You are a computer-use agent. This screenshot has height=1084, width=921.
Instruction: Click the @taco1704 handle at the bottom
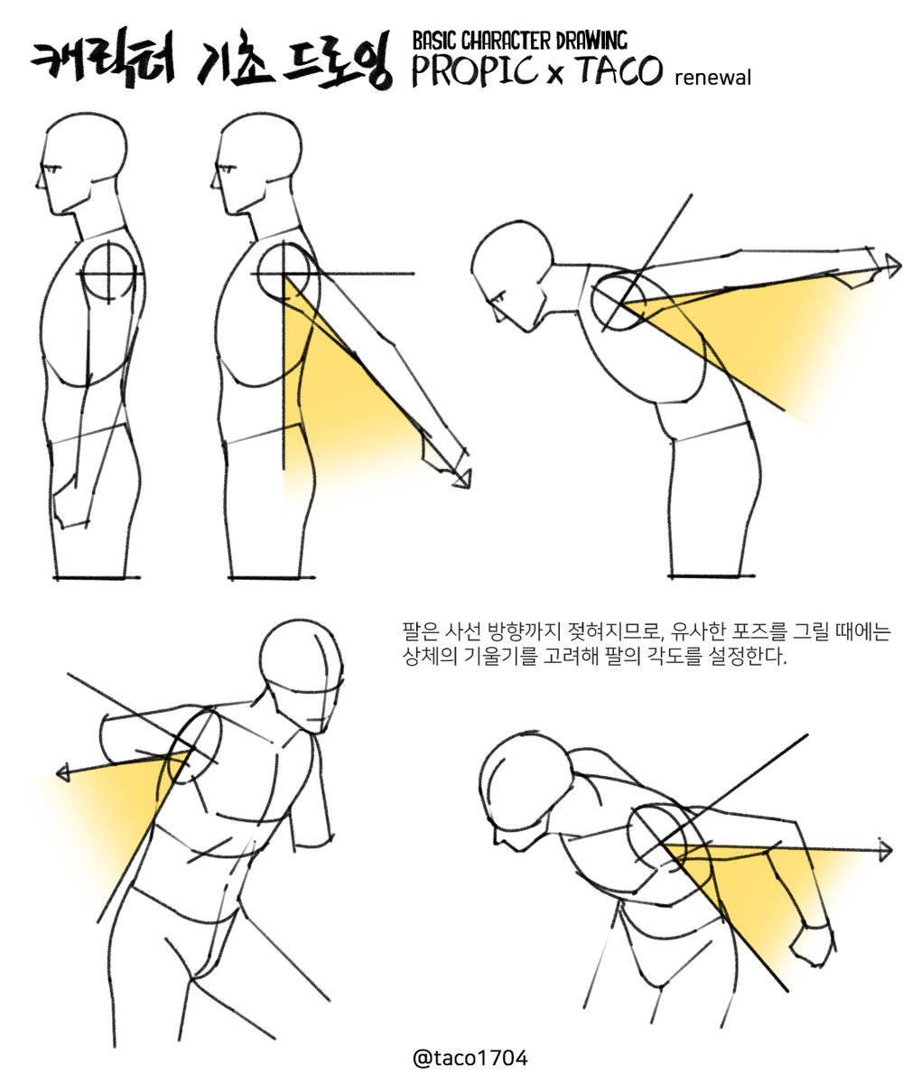(469, 1058)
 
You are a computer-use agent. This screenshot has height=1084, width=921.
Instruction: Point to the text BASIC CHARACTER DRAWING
(519, 40)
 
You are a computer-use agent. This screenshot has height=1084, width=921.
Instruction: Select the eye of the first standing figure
(56, 170)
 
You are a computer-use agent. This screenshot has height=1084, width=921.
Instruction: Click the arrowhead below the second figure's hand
(464, 478)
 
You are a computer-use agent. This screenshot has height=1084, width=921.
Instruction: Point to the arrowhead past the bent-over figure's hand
(893, 266)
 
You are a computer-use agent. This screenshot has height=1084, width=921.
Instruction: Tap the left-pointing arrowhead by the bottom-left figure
(63, 772)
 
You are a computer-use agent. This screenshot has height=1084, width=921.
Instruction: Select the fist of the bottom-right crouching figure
(814, 944)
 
